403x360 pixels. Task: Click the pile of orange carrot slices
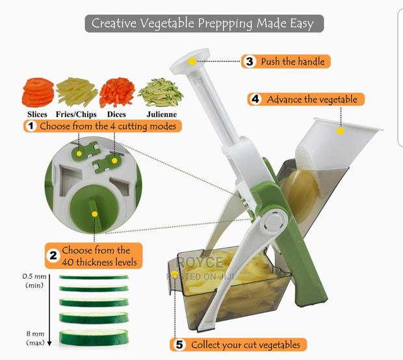(x=38, y=92)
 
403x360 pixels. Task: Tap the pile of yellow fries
(x=77, y=92)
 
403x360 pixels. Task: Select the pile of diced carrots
(x=117, y=92)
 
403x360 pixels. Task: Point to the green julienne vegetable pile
(x=161, y=92)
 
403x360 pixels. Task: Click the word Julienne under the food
(x=161, y=114)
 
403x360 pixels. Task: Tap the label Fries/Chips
(x=77, y=114)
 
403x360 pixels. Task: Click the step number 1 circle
(x=30, y=126)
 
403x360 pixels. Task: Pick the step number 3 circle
(x=250, y=62)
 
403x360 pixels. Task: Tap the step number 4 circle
(x=255, y=99)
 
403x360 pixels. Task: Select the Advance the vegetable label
(x=311, y=99)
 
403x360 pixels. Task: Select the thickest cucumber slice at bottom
(x=94, y=338)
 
